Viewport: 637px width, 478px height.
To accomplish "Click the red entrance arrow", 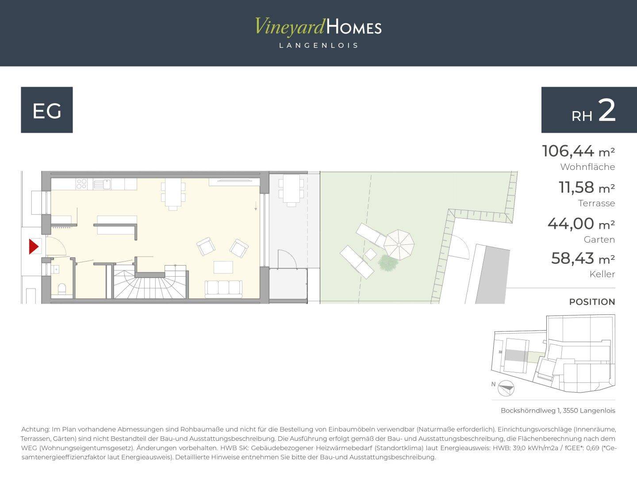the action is [33, 247].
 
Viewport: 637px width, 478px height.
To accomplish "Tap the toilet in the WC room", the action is [62, 289].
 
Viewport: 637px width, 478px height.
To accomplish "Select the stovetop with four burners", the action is [81, 184].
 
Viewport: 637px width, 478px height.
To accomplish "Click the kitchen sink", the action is [102, 184].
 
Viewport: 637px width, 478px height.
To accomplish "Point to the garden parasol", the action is [399, 245].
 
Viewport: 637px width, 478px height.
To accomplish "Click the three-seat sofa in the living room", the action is [223, 289].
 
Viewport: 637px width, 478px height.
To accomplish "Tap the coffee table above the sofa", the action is [223, 267].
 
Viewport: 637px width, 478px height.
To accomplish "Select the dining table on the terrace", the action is [292, 190].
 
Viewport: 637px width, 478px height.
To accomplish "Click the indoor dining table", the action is [173, 193].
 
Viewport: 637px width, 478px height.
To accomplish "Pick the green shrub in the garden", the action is [388, 263].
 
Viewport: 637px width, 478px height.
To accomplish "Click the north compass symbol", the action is [506, 388].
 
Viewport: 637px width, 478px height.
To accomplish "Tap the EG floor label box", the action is [47, 110].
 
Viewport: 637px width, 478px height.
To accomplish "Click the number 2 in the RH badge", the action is [607, 111].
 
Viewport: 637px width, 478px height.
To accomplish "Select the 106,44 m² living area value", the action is [578, 151].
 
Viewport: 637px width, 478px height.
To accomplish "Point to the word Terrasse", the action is [596, 203].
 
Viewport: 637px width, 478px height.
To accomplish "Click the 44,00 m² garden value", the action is [581, 224].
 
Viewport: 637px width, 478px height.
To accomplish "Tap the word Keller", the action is [602, 274].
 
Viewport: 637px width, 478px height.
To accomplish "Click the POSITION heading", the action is [592, 302].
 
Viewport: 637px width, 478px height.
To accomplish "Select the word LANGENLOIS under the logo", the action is [318, 46].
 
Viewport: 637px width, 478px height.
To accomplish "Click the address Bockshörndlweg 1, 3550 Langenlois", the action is [558, 411].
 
